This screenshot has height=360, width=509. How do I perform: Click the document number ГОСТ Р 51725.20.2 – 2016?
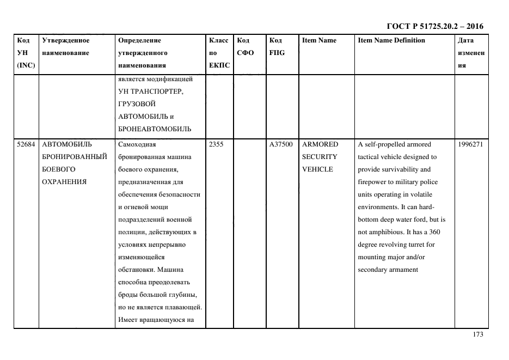coord(434,26)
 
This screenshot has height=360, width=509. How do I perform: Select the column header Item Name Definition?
coord(391,40)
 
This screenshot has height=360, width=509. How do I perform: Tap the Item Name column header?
coord(319,40)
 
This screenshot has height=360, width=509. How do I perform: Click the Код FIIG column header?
coord(277,46)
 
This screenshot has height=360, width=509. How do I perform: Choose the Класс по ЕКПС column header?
coord(219,53)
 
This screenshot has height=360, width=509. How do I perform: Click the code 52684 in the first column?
coord(26,144)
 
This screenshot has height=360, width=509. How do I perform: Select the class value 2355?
coord(217,144)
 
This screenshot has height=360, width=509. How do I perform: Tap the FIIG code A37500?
coord(281,144)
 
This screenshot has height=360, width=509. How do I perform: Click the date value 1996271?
coord(471,144)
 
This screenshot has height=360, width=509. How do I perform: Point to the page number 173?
coord(477,335)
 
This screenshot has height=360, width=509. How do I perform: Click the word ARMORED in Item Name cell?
coord(320,144)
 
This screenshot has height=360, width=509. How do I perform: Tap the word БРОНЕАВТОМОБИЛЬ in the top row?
coord(155,129)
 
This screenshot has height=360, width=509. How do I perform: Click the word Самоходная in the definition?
coord(137,144)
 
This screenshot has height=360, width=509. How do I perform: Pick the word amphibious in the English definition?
coord(388,232)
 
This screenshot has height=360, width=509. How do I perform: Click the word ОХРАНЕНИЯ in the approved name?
coord(64,182)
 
